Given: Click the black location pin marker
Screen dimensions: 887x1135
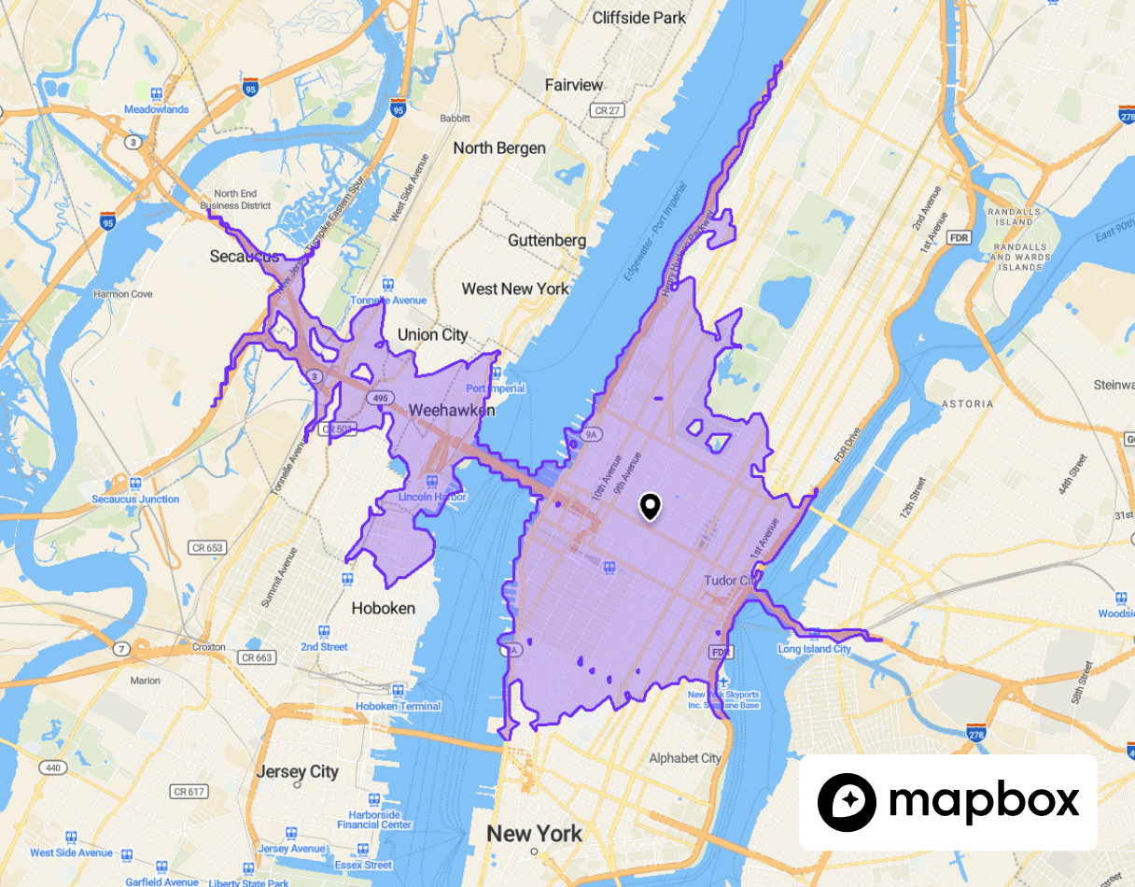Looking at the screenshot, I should tap(651, 507).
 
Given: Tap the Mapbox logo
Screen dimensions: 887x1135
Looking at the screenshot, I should tap(947, 802).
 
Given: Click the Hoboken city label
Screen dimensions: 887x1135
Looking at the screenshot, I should tap(383, 608).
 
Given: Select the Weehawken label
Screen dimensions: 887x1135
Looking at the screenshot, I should tap(452, 410).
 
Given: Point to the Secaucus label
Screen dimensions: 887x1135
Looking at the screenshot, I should tap(245, 256).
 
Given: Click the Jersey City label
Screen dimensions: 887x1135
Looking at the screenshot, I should tap(298, 772).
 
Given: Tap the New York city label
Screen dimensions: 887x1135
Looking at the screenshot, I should tap(535, 833).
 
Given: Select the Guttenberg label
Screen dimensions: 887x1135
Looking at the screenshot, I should tap(547, 240).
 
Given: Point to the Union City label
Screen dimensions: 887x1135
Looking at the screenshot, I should tap(432, 334).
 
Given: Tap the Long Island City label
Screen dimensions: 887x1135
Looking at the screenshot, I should tap(815, 649).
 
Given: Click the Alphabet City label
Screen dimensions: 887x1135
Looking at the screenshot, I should tap(685, 758).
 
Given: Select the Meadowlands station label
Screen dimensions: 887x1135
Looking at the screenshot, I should tap(157, 109).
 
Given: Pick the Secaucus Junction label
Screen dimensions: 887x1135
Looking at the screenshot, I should tap(135, 500).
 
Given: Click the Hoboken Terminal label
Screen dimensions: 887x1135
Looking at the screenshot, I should tap(398, 706).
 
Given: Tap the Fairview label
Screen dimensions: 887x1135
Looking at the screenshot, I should tap(574, 85).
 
